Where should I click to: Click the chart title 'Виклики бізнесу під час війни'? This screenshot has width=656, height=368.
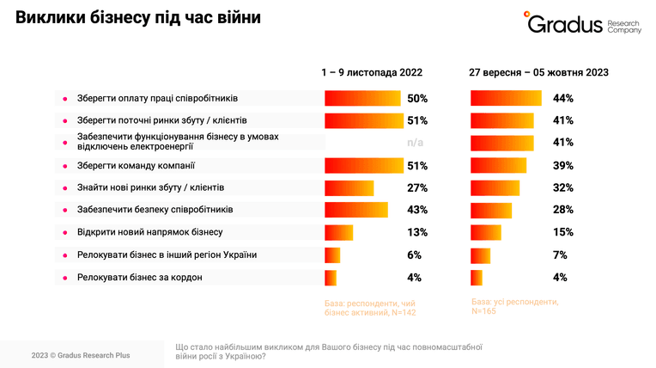pyautogui.click(x=138, y=17)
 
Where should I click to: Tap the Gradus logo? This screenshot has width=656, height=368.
pyautogui.click(x=582, y=22)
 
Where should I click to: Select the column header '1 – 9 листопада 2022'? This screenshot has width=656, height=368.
pyautogui.click(x=372, y=72)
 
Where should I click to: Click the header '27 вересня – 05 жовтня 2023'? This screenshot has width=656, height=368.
pyautogui.click(x=538, y=72)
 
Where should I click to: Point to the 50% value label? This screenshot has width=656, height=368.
pyautogui.click(x=417, y=99)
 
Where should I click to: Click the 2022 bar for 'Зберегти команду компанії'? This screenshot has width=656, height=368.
pyautogui.click(x=364, y=166)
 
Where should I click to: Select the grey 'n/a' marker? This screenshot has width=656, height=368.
pyautogui.click(x=415, y=143)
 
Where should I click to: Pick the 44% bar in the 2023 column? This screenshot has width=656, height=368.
pyautogui.click(x=506, y=98)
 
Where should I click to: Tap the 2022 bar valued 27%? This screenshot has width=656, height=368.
pyautogui.click(x=349, y=188)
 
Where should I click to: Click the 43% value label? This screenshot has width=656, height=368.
pyautogui.click(x=417, y=210)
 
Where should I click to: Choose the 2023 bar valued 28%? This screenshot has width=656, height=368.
pyautogui.click(x=491, y=211)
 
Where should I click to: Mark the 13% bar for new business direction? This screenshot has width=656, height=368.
pyautogui.click(x=339, y=233)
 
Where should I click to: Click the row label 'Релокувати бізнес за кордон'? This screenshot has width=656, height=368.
pyautogui.click(x=140, y=278)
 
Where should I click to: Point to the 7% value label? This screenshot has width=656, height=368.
pyautogui.click(x=560, y=255)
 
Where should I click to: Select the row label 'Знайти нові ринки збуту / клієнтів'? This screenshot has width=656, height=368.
pyautogui.click(x=150, y=187)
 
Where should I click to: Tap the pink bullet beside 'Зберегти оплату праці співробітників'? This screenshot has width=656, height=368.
pyautogui.click(x=65, y=99)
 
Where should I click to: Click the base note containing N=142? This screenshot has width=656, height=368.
pyautogui.click(x=370, y=308)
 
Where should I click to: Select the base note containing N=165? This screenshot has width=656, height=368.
pyautogui.click(x=515, y=306)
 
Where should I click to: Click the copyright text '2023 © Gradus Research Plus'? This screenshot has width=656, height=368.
pyautogui.click(x=81, y=355)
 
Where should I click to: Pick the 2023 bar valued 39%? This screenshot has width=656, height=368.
pyautogui.click(x=498, y=166)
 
